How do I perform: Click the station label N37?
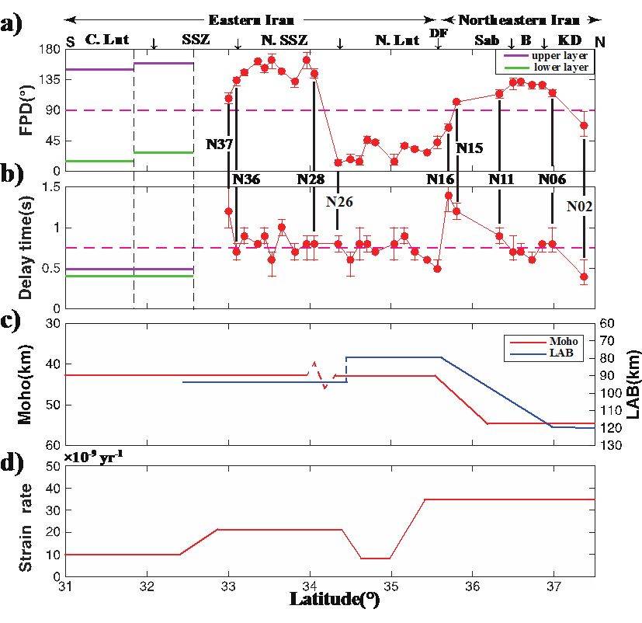(220, 144)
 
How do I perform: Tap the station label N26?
(339, 200)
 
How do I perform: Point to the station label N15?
(470, 148)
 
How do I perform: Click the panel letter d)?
(12, 463)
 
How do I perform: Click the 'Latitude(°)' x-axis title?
(334, 599)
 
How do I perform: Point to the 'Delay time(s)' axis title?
(25, 245)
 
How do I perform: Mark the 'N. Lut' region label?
(397, 40)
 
